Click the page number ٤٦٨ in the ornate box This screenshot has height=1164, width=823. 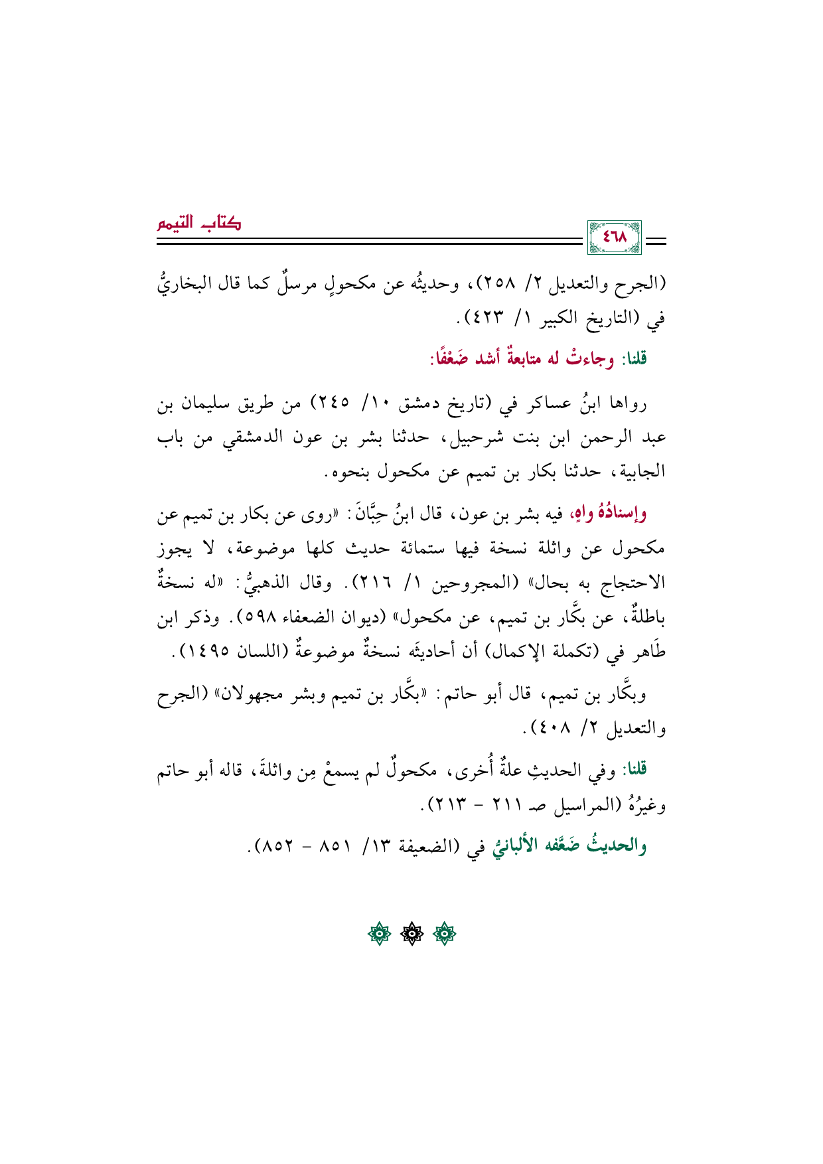[614, 237]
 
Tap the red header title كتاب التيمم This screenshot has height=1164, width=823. [199, 224]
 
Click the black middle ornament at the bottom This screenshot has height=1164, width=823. [411, 934]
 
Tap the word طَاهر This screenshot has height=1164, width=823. [648, 652]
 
